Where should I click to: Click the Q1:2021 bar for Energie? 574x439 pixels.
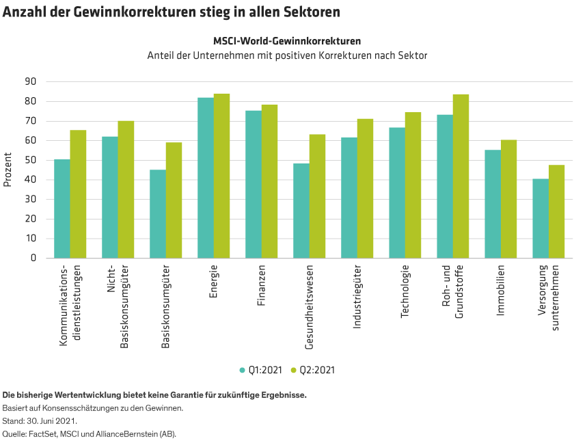coord(206,178)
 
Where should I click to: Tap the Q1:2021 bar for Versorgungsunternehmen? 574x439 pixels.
coord(541,219)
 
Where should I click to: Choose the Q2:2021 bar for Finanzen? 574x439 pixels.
coord(269,182)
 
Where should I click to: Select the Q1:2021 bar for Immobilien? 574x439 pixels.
coord(493,204)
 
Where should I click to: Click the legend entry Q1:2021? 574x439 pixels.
coord(261,370)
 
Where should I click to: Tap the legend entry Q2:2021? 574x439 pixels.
coord(314,370)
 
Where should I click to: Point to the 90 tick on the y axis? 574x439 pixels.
coord(30,81)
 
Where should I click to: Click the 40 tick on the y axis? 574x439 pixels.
coord(30,180)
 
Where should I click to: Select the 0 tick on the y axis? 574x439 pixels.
coord(33,258)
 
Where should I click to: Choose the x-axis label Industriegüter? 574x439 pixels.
coord(357,297)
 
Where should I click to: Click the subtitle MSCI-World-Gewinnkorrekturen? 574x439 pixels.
coord(287,41)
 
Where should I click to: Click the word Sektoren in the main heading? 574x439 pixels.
coord(310,12)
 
